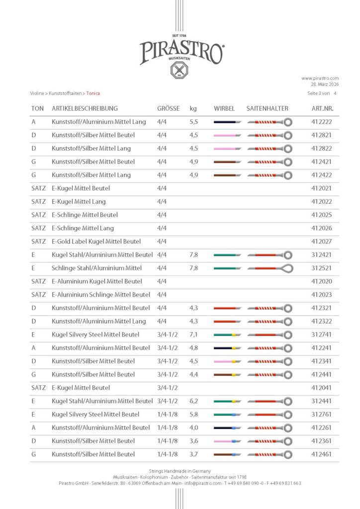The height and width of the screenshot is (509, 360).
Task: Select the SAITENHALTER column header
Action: pyautogui.click(x=267, y=108)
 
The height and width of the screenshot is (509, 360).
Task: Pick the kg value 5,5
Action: pyautogui.click(x=194, y=122)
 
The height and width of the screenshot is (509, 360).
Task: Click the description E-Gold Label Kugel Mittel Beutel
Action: pyautogui.click(x=96, y=242)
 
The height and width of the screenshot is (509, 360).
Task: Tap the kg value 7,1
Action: pyautogui.click(x=194, y=335)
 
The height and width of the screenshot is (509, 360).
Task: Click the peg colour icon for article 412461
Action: pyautogui.click(x=227, y=454)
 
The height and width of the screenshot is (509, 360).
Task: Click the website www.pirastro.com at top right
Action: pyautogui.click(x=320, y=78)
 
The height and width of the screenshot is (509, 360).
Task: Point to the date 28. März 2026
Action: pyautogui.click(x=323, y=84)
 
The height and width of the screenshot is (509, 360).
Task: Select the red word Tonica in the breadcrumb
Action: pyautogui.click(x=93, y=93)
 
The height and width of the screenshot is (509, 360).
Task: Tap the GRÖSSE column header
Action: pyautogui.click(x=168, y=108)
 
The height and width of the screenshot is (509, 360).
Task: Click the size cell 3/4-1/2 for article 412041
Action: pyautogui.click(x=168, y=388)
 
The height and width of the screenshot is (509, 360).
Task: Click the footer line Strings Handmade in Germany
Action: pyautogui.click(x=180, y=471)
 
